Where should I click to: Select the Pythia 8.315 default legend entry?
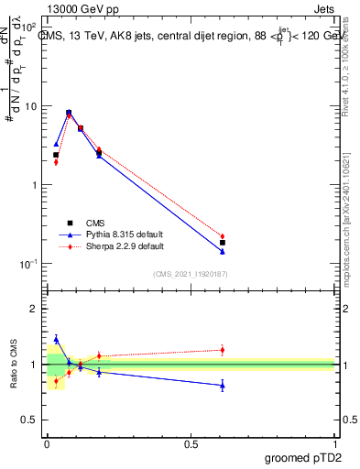(x=116, y=234)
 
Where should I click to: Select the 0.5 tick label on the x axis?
(x=191, y=443)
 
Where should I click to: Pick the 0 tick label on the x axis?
(x=47, y=443)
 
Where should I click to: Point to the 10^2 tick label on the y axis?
(x=31, y=28)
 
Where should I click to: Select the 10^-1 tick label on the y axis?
(x=30, y=264)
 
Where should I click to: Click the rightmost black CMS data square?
(x=222, y=243)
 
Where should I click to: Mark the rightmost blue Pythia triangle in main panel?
(x=222, y=251)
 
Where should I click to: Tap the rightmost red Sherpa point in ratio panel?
(x=222, y=350)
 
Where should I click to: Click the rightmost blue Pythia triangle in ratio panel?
(x=222, y=386)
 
